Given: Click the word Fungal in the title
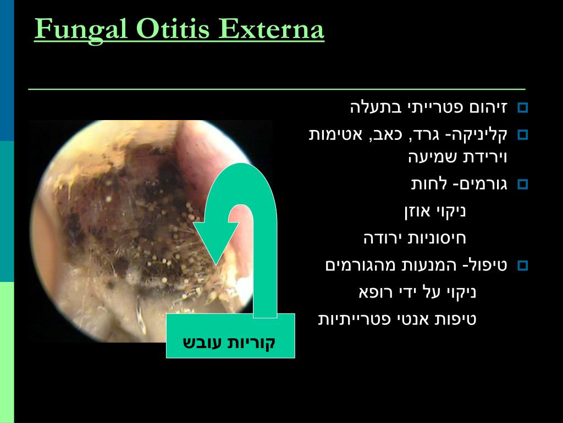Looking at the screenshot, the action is [81, 30].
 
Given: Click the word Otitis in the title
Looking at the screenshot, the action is [173, 29].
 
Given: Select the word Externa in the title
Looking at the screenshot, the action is [272, 29].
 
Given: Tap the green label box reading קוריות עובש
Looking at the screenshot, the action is [230, 335].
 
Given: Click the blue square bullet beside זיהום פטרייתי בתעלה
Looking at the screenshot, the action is [522, 108].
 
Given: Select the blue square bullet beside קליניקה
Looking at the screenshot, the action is [522, 135].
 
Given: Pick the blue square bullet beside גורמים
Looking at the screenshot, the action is [522, 185].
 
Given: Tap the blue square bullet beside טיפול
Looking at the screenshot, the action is [522, 266].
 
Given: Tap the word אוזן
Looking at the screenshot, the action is [418, 211].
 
